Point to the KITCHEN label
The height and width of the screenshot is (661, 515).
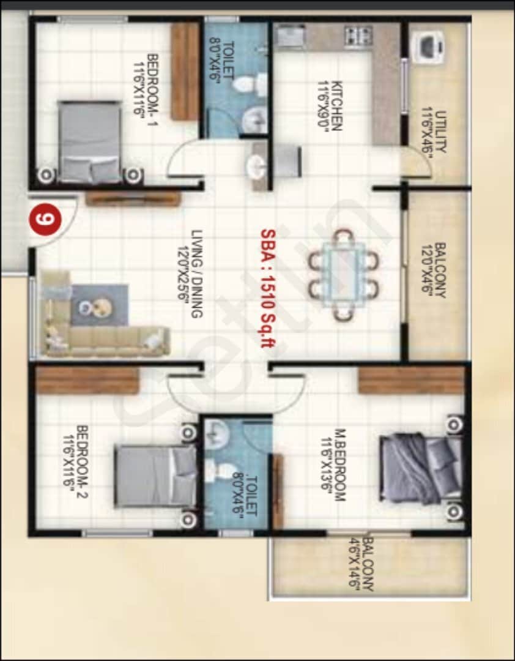(328, 105)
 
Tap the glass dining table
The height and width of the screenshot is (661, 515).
(344, 274)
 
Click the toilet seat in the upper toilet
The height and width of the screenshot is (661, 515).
(248, 84)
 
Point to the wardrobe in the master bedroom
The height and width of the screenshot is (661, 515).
(410, 381)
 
